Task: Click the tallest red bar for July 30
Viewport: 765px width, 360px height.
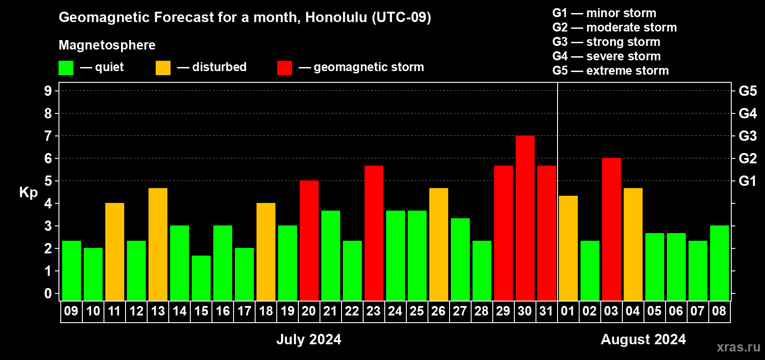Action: (525, 218)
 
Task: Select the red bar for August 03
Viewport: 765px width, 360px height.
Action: (611, 229)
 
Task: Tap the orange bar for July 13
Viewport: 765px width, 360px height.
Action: (158, 244)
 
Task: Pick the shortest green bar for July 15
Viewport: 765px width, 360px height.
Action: (201, 278)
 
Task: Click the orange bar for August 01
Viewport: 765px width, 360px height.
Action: (568, 248)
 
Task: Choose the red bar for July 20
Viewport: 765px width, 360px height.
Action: (309, 240)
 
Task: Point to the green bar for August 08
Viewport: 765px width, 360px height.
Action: (720, 263)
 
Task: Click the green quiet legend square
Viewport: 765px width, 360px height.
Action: (66, 67)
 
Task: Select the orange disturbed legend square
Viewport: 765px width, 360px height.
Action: (163, 67)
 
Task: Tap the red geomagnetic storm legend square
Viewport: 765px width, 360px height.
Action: (284, 67)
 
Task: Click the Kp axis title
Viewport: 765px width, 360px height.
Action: (28, 193)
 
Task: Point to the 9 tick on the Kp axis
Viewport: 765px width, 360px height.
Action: (48, 91)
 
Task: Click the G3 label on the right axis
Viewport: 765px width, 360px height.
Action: (747, 136)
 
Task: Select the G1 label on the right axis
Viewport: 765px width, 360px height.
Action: (747, 181)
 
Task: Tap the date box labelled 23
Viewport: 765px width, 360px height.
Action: (373, 311)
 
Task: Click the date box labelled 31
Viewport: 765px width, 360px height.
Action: (546, 311)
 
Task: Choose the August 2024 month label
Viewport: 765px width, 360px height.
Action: (643, 339)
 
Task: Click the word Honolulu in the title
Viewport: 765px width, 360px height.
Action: (336, 17)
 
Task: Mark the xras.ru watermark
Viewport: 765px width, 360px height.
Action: (738, 347)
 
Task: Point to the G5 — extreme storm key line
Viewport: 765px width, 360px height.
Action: (610, 71)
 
